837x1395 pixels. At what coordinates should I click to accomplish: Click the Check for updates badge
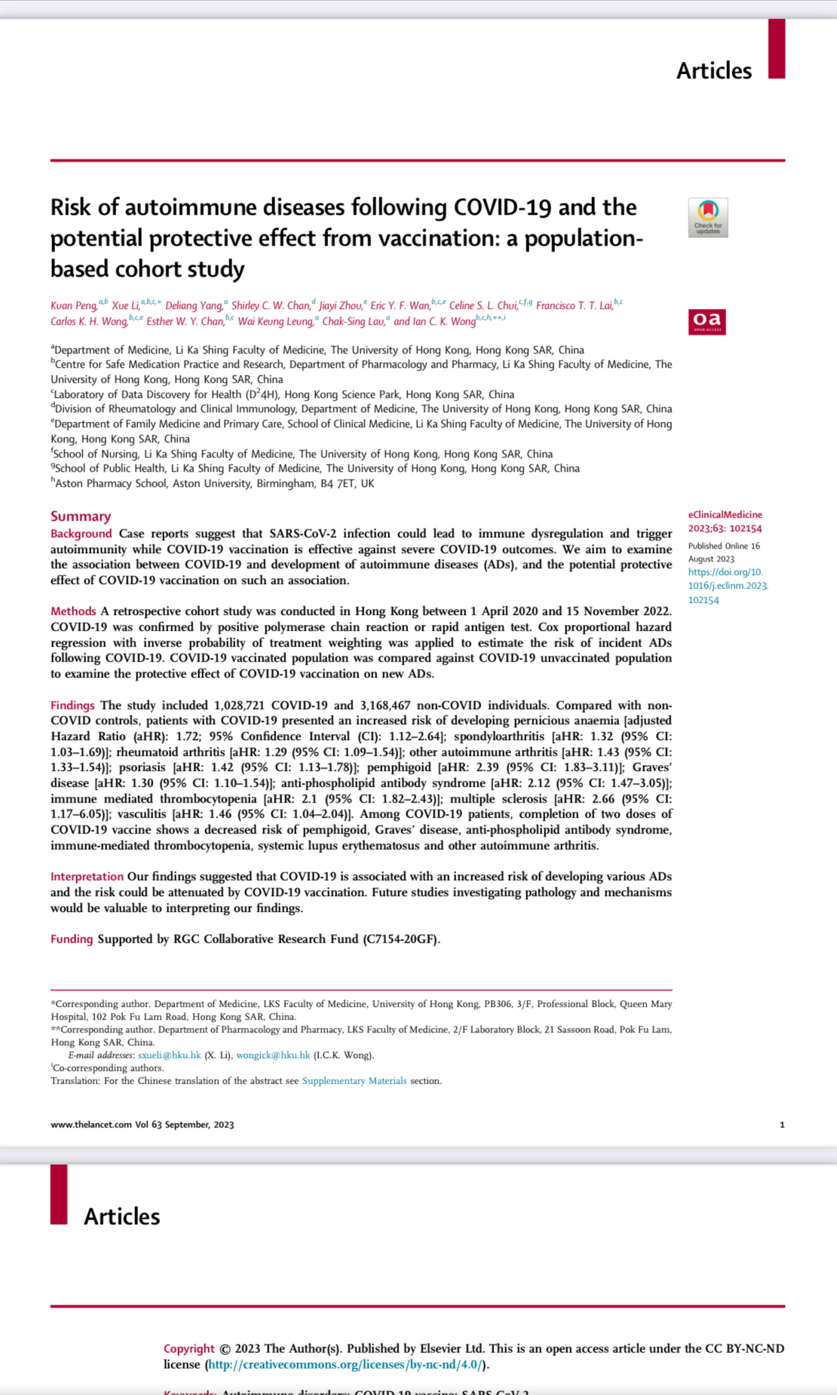point(707,218)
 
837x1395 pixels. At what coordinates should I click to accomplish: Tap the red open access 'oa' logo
point(707,322)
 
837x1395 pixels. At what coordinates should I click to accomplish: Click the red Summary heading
point(81,516)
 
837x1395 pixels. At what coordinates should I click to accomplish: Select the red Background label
point(81,534)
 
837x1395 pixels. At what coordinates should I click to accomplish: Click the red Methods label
point(73,611)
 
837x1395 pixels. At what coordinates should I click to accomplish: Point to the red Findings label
point(72,705)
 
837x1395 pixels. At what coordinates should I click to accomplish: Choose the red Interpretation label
point(87,876)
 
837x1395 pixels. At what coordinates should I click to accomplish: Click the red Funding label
point(72,939)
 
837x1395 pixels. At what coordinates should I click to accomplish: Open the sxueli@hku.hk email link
point(169,1055)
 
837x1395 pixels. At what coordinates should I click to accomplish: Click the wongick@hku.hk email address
point(273,1055)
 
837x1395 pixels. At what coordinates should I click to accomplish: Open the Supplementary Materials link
point(354,1081)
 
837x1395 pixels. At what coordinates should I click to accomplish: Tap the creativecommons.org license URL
point(345,1365)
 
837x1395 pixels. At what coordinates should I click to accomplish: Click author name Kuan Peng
point(74,305)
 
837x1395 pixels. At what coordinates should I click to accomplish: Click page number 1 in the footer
point(782,1124)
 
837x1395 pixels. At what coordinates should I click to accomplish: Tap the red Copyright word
point(189,1348)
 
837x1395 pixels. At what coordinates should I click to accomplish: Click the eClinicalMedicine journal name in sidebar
point(725,515)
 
